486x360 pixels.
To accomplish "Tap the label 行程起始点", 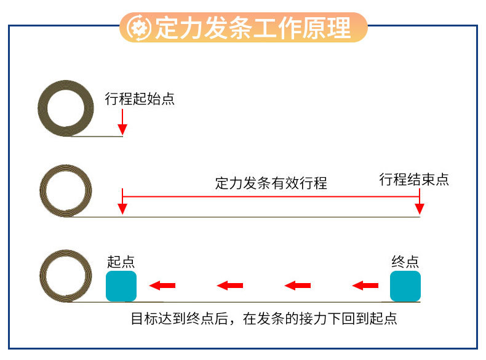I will [140, 98].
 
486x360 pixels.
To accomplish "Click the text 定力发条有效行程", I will [271, 183].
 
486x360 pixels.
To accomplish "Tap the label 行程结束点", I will [414, 179].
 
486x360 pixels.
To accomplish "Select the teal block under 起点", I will [121, 286].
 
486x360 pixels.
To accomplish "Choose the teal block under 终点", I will [405, 286].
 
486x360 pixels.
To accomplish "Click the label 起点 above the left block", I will [121, 261].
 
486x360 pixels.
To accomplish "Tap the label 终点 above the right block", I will [405, 261].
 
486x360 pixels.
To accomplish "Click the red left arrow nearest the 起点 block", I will [163, 285].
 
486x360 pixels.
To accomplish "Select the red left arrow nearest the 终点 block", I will [365, 285].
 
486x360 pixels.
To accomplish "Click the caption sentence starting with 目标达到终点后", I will [264, 319].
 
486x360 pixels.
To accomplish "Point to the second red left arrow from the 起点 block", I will [230, 285].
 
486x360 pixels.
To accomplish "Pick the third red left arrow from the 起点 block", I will [298, 285].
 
